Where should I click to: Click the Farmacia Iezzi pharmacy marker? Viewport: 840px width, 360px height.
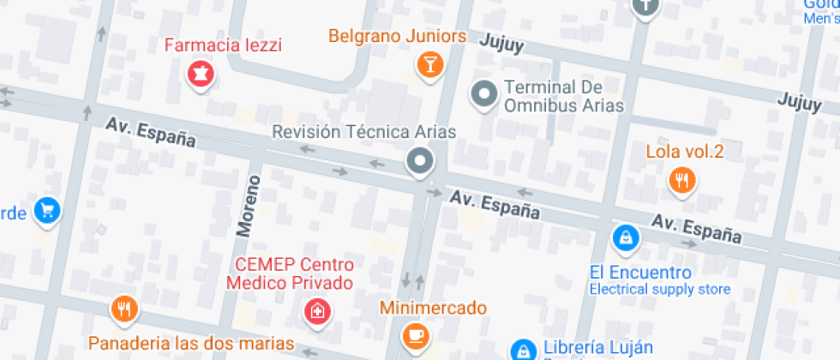(201, 72)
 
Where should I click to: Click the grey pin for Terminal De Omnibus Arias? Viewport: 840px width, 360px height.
(485, 93)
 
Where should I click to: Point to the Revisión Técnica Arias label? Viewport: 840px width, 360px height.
(363, 131)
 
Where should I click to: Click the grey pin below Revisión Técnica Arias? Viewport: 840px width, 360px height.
(420, 160)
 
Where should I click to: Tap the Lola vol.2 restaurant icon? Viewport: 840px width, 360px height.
(682, 179)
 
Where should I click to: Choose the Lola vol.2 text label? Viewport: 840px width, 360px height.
(685, 153)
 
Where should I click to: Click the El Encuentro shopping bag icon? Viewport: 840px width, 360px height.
(627, 237)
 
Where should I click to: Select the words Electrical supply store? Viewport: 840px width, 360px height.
(660, 290)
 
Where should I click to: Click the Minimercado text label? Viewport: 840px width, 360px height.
(434, 307)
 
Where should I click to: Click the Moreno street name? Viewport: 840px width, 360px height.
(249, 205)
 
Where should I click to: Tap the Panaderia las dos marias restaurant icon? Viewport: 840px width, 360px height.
(124, 309)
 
